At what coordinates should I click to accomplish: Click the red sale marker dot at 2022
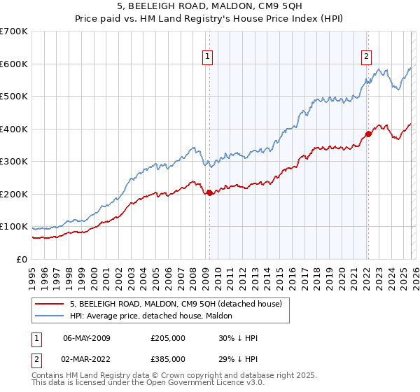[367, 134]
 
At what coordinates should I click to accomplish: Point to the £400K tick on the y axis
[14, 129]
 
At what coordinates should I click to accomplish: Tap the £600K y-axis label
[14, 64]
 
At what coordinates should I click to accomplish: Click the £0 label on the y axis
[22, 259]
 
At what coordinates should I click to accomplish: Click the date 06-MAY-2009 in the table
[87, 338]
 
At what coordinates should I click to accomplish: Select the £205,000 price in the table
[168, 338]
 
